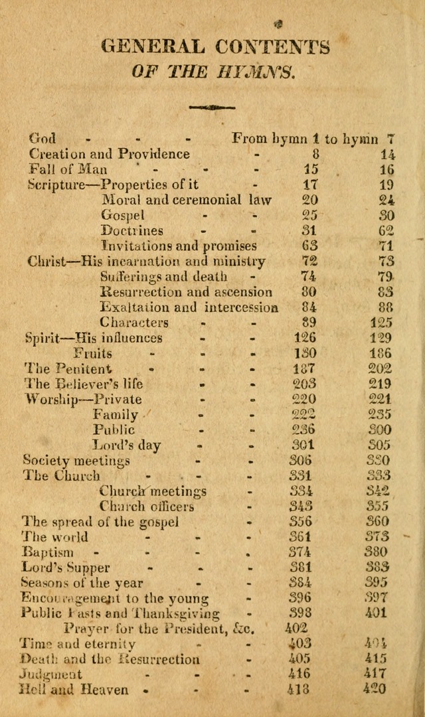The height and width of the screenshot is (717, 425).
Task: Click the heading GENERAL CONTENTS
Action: [x=214, y=47]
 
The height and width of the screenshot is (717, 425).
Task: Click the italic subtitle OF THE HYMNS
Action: [x=212, y=71]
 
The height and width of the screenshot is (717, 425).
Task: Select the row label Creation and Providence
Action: [x=110, y=154]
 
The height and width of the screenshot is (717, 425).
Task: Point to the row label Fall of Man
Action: [x=68, y=169]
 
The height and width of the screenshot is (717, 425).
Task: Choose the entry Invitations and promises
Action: [x=179, y=246]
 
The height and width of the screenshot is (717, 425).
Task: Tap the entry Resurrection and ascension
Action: [x=186, y=291]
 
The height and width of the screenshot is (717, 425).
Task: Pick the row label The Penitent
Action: [x=68, y=368]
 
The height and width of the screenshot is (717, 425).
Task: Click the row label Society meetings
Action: [x=76, y=461]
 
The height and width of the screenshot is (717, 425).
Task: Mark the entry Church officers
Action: [x=147, y=507]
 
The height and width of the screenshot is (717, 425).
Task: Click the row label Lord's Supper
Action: [x=66, y=568]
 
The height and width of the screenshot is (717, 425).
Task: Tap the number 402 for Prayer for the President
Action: [x=297, y=628]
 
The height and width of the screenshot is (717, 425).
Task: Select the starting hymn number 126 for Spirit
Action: [x=305, y=338]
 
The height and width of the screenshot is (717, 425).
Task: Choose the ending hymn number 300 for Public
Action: [x=380, y=430]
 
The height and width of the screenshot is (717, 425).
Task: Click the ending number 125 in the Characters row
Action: [x=380, y=323]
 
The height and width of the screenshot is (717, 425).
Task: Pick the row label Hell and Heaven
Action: [x=74, y=690]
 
